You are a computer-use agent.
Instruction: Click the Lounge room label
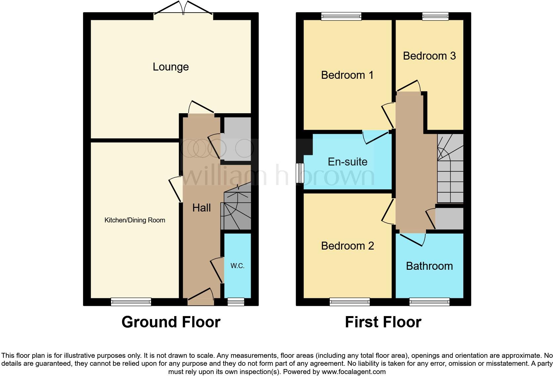171,67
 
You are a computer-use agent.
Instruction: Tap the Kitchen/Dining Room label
135,220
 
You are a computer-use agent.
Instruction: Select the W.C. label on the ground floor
237,266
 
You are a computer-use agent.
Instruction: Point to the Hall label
201,208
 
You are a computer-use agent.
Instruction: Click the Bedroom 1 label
347,75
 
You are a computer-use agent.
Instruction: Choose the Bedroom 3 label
429,56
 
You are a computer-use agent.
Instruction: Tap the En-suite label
348,162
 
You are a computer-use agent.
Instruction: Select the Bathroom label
429,266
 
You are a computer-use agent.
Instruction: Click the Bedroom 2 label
347,246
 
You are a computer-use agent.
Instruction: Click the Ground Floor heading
171,322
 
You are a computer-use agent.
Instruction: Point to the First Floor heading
383,322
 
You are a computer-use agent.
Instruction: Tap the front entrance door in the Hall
201,297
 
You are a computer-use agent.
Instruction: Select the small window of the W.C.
236,302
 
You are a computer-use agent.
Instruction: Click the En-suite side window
300,173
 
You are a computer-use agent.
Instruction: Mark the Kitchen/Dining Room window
131,302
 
